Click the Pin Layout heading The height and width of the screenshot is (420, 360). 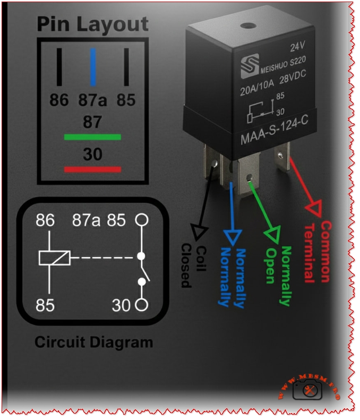pos(92,24)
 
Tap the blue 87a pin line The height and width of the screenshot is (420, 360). pos(93,67)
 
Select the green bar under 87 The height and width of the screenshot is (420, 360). pos(92,137)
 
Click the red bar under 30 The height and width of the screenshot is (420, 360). pos(92,169)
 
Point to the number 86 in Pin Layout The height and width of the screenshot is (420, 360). pos(59,100)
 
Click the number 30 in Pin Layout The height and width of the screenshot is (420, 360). pos(92,155)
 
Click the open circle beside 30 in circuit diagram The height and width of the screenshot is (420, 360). pos(141,304)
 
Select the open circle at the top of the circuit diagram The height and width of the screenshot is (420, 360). pos(141,219)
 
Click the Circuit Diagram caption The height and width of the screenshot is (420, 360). pos(93,342)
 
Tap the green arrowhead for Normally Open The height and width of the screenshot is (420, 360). pos(273,233)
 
